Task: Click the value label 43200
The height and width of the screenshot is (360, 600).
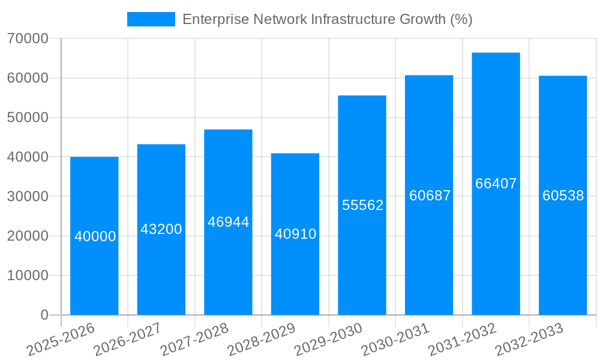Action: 161,229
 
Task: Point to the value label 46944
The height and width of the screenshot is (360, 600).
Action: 228,222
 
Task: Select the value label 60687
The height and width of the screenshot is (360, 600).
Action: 430,196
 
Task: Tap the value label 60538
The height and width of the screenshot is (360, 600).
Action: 563,196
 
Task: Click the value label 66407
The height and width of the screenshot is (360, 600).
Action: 496,184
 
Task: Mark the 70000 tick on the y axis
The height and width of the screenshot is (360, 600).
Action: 28,39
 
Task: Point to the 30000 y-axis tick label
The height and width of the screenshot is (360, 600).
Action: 28,197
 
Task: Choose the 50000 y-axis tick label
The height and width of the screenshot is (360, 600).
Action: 28,118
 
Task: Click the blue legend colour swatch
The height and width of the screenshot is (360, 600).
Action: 151,19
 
